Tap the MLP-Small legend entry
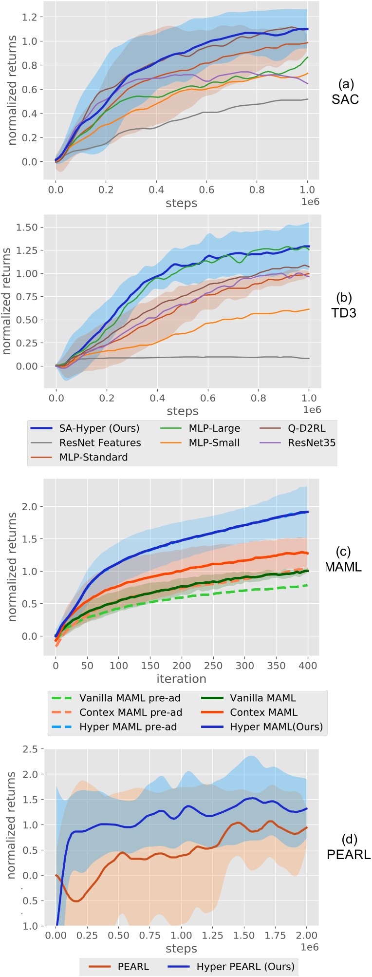coord(214,442)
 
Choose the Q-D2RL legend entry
coord(307,428)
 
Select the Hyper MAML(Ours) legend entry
coord(276,727)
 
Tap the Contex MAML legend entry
coord(263,712)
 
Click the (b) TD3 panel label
coord(346,305)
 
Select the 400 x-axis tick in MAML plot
coord(307,666)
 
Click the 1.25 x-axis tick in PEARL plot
coord(212,936)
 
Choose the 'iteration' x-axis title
coord(181,679)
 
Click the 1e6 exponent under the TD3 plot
coord(311,410)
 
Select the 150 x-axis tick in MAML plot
coord(150,666)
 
